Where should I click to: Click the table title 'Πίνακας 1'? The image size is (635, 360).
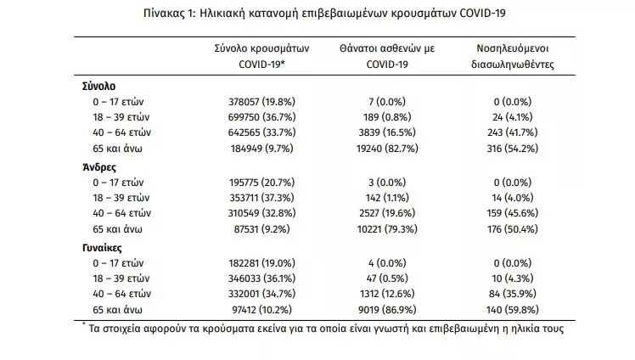169,14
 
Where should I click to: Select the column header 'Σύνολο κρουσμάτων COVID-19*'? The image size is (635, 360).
261,56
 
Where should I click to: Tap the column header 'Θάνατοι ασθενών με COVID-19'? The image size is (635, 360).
387,56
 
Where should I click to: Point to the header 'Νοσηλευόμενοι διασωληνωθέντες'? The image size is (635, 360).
512,56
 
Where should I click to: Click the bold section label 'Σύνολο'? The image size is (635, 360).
98,87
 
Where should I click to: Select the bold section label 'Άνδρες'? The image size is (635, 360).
99,167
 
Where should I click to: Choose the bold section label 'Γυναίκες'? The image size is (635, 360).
102,248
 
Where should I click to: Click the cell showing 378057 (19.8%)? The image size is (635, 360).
261,102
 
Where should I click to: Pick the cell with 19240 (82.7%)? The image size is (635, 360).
387,149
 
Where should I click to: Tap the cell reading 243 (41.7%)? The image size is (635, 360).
512,132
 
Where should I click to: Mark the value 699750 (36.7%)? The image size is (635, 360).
261,117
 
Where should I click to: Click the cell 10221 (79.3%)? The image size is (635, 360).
387,229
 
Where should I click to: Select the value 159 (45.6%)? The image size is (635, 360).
512,213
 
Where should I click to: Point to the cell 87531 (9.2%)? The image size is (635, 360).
261,229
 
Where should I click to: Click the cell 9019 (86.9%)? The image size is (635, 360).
387,310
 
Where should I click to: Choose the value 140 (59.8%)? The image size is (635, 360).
512,310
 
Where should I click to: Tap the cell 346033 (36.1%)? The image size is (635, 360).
261,278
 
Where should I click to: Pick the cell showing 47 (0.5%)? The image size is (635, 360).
387,278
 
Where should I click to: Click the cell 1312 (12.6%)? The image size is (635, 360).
387,294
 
